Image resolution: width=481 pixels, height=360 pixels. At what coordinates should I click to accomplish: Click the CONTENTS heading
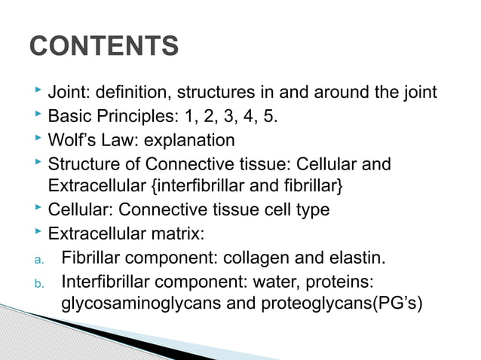tap(104, 47)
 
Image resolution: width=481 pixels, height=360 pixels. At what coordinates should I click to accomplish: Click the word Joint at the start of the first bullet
tap(66, 93)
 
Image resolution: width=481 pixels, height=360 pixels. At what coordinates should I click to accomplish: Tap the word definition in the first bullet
tap(127, 93)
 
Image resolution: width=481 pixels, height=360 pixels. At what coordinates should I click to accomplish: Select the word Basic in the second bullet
tap(68, 117)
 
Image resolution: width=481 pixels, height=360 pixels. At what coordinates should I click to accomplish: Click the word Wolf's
tap(71, 140)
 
